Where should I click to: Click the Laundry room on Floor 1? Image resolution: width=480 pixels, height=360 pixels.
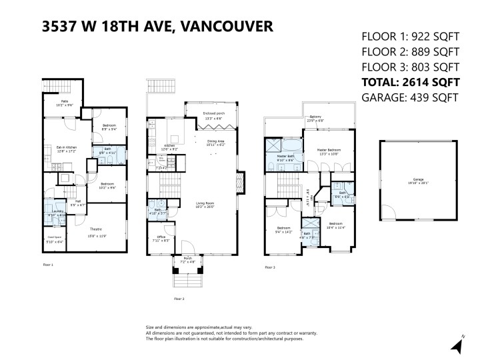56,215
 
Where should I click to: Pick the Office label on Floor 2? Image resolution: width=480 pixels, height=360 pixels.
161,238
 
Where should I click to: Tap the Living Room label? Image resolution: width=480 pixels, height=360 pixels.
205,205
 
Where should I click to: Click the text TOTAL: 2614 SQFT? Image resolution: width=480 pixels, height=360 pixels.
410,83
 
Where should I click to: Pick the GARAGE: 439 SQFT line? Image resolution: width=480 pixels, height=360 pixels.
409,98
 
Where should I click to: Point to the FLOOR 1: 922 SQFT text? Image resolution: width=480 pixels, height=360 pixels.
410,36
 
